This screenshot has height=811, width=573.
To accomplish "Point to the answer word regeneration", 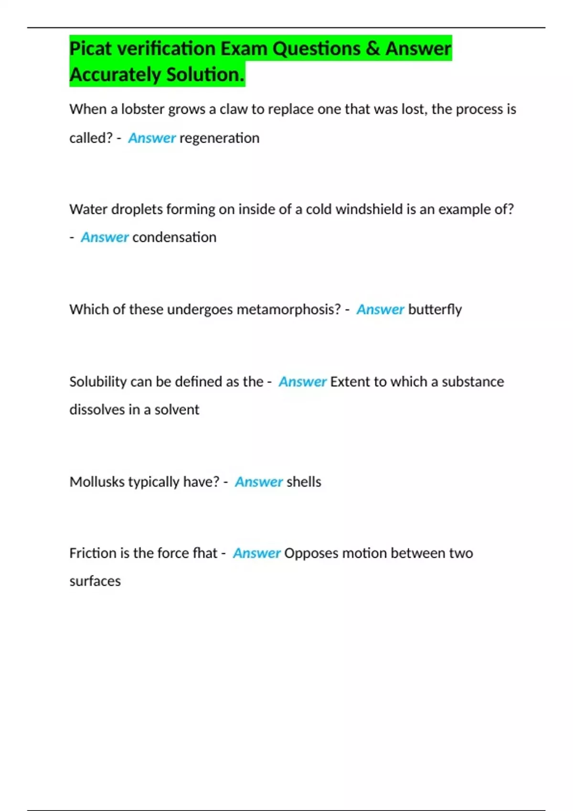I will [x=219, y=138].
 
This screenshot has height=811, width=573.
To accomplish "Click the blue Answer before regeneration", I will [x=152, y=138].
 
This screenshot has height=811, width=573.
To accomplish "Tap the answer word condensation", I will [x=174, y=237].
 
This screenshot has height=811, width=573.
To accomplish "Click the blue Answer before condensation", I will [x=105, y=237].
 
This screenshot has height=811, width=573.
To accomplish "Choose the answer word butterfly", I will [x=435, y=309].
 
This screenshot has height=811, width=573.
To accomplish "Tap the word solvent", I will [x=177, y=409].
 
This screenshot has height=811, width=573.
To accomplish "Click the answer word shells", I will [x=304, y=482].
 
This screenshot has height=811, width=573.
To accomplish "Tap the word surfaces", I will [x=95, y=581].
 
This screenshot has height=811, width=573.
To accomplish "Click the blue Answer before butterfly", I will [x=380, y=309].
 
